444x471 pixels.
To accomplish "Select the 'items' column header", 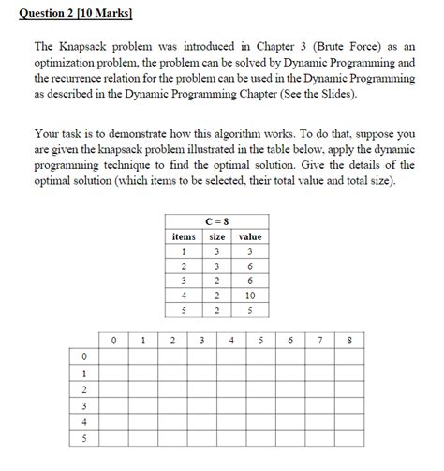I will coord(184,237).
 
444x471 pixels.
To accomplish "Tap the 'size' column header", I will coord(216,237).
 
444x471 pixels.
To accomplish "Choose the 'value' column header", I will coord(249,237).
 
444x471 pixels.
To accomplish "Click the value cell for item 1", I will coord(249,252).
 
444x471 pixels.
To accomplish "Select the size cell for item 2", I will coord(216,266).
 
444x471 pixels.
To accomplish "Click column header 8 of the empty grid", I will coord(348,341).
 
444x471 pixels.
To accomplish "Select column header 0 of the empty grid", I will coord(112,341).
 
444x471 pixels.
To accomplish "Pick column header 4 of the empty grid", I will coord(230,341).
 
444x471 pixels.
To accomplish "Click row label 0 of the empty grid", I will coord(83,357).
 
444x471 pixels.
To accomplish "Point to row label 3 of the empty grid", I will coord(83,406).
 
